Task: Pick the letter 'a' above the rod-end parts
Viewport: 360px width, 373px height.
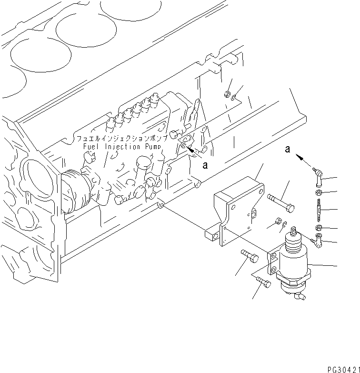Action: point(287,149)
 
